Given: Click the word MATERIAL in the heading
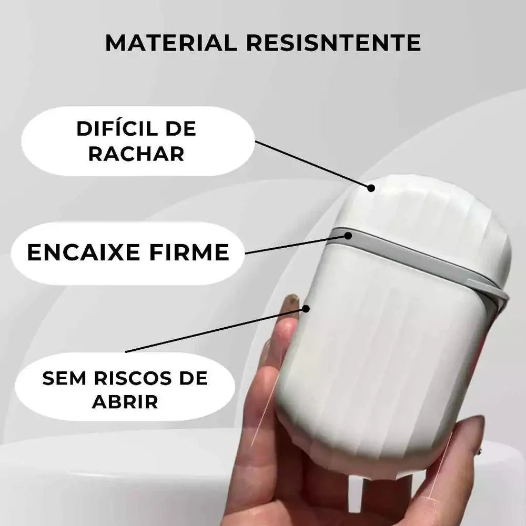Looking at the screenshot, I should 171,43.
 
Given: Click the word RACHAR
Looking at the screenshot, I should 136,154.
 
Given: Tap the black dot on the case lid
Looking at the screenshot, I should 371,188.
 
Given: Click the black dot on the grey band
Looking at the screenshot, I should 348,236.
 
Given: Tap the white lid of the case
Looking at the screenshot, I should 431,210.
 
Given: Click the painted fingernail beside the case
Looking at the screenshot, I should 290,302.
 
